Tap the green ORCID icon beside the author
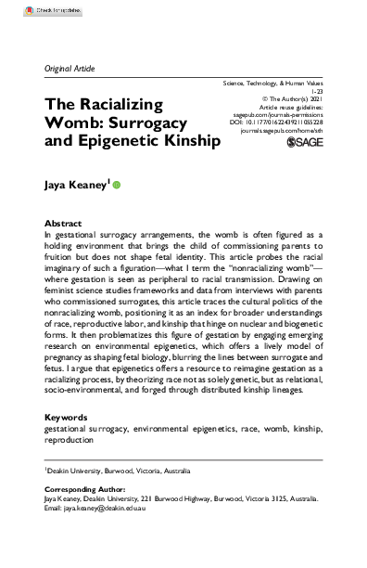(118, 185)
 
